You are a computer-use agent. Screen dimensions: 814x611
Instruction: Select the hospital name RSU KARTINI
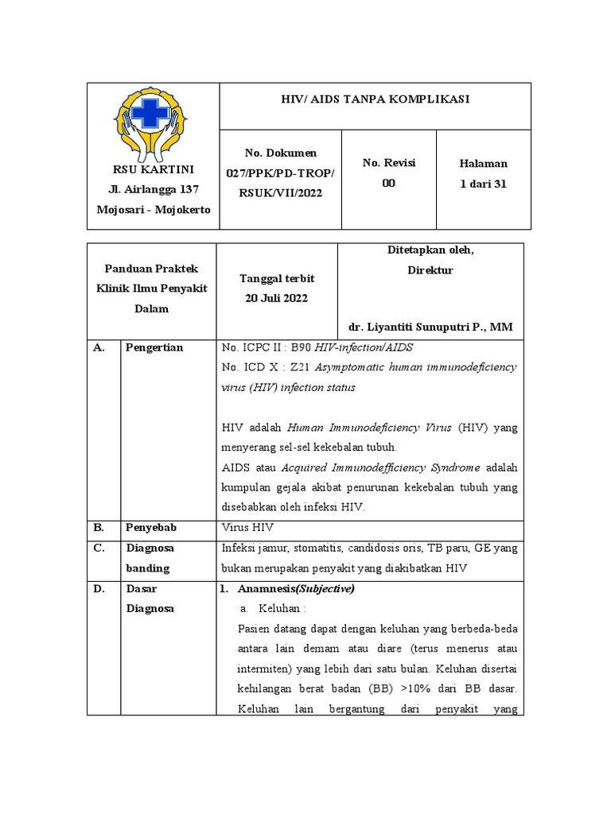coord(153,170)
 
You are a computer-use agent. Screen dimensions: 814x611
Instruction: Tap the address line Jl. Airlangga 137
coord(153,189)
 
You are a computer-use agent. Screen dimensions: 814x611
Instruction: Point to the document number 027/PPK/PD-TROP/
coord(281,173)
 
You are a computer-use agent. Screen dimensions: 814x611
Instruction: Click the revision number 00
coord(389,183)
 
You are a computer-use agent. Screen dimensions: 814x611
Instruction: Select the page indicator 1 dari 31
coord(483,184)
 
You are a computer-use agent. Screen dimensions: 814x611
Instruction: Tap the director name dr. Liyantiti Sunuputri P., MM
coord(430,327)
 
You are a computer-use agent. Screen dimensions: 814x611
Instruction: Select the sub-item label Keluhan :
coord(282,608)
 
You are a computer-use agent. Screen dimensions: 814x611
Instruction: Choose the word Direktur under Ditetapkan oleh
coord(430,270)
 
